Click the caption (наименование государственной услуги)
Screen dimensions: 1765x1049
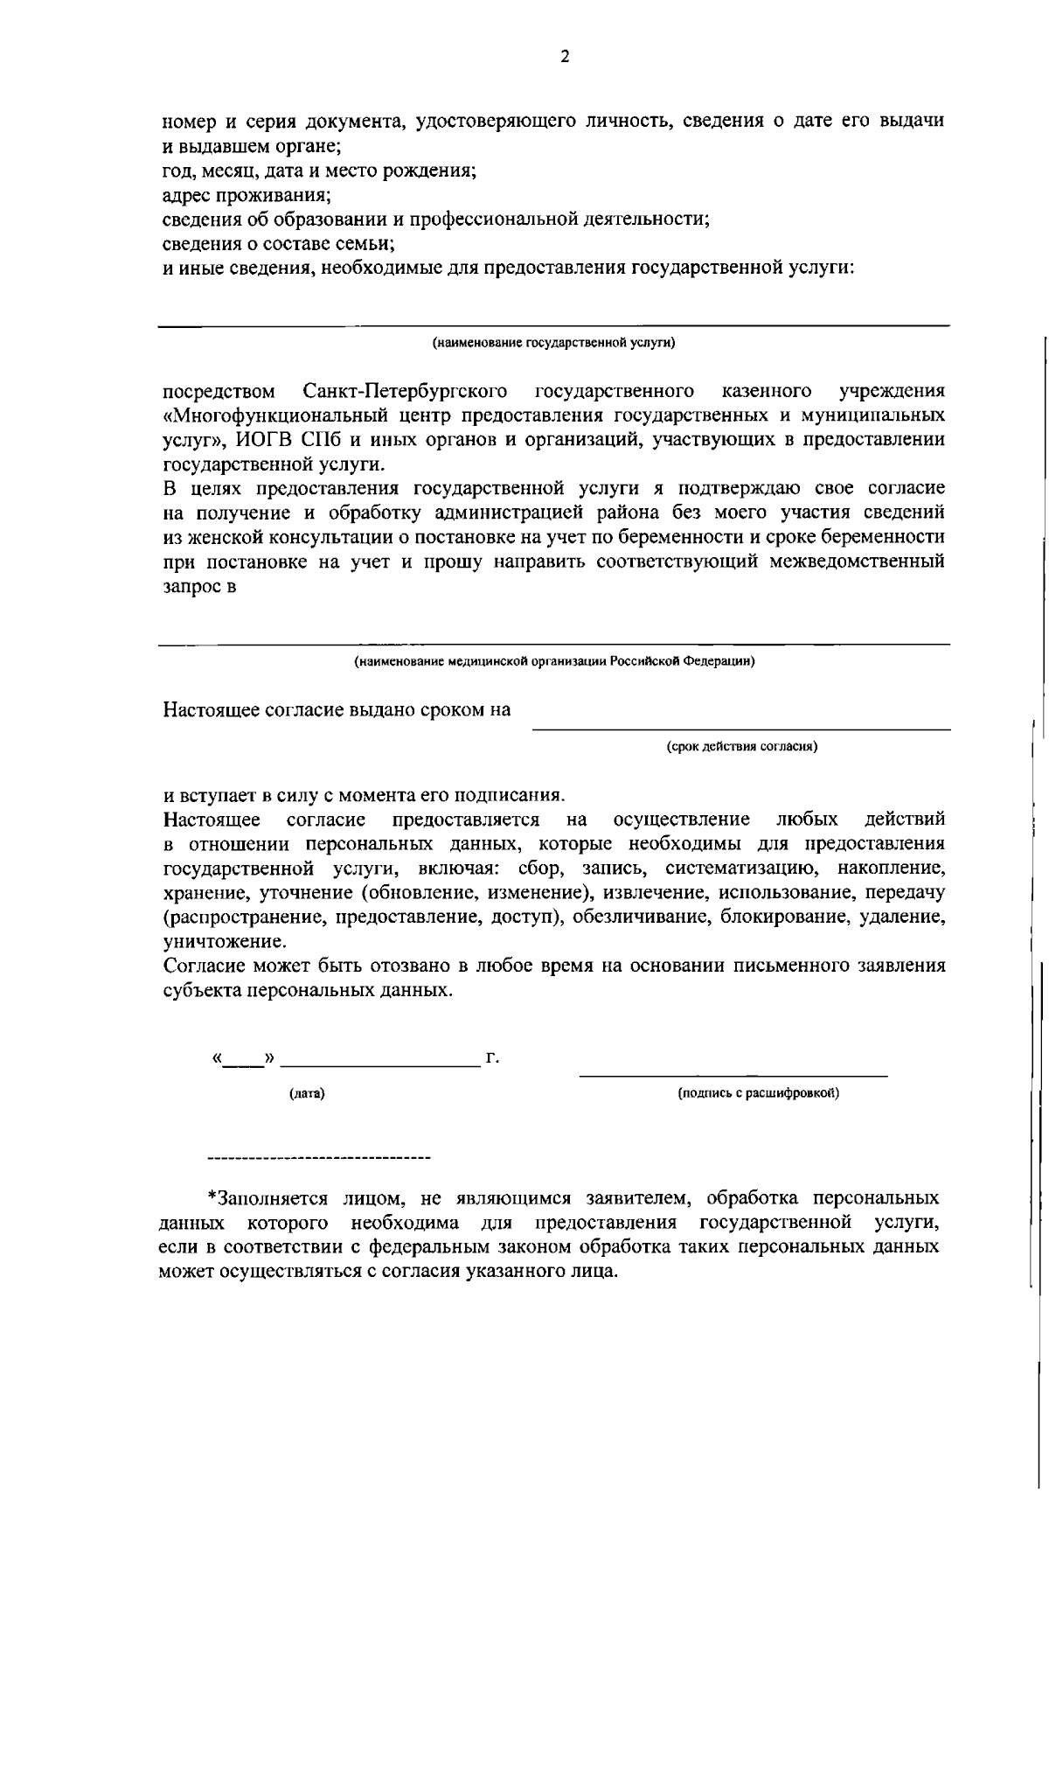[554, 343]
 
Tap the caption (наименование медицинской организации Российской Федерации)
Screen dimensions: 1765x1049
[554, 661]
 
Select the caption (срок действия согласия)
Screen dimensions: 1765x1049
[741, 747]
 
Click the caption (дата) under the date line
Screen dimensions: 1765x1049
[307, 1093]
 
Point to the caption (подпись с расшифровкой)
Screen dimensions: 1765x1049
[759, 1093]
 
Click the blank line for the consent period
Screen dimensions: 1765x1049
[741, 728]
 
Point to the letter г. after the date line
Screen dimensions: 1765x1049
[492, 1059]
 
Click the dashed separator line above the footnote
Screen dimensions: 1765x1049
[319, 1160]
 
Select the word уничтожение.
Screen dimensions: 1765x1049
[224, 942]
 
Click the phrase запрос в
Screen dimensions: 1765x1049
[200, 585]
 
